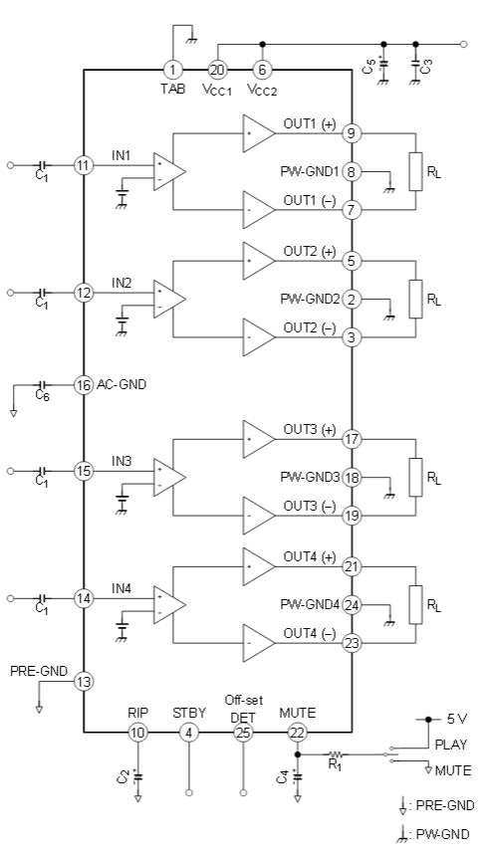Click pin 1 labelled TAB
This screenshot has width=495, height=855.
coord(173,70)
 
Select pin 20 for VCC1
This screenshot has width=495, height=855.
coord(217,70)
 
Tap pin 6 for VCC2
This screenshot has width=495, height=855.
coord(262,70)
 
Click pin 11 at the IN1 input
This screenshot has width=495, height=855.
coord(84,164)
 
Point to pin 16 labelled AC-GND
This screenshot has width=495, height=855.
coord(84,385)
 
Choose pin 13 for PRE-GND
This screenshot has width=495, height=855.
coord(84,682)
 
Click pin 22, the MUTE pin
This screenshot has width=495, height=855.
coord(297,733)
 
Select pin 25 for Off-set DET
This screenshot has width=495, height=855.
coord(243,733)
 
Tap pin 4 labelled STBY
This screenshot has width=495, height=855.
coord(189,733)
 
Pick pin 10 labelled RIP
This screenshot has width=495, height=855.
coord(137,733)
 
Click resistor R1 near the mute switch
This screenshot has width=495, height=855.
coord(337,754)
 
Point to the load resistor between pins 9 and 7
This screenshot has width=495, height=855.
coord(416,172)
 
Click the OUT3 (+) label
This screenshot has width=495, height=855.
coord(310,430)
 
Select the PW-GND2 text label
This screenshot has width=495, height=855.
coord(310,300)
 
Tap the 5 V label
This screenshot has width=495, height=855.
coord(457,719)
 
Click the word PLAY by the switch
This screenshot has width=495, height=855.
coord(451,745)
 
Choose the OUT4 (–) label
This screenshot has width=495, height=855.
coord(310,634)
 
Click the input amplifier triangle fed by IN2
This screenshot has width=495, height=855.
coord(169,299)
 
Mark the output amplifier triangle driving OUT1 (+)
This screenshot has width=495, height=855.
coord(259,133)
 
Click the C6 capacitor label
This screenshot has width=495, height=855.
coord(42,396)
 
